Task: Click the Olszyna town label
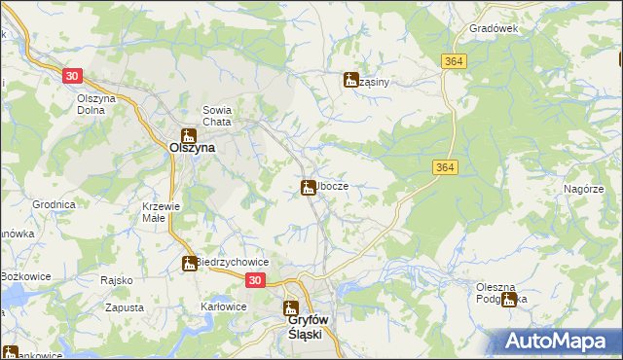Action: pos(192,150)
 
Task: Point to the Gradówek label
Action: pos(494,29)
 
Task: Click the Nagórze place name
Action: pos(584,189)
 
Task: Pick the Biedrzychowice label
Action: pos(233,263)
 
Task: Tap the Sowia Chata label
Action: pos(215,116)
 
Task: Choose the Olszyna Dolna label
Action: pos(96,104)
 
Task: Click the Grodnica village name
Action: pos(54,205)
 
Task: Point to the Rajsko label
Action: pos(116,280)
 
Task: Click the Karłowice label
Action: pos(222,306)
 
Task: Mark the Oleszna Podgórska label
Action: pos(501,293)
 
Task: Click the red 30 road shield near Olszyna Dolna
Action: pos(72,75)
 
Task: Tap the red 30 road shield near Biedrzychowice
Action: pos(254,280)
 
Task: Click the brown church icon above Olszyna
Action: pos(189,136)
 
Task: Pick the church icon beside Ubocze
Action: pos(309,186)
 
